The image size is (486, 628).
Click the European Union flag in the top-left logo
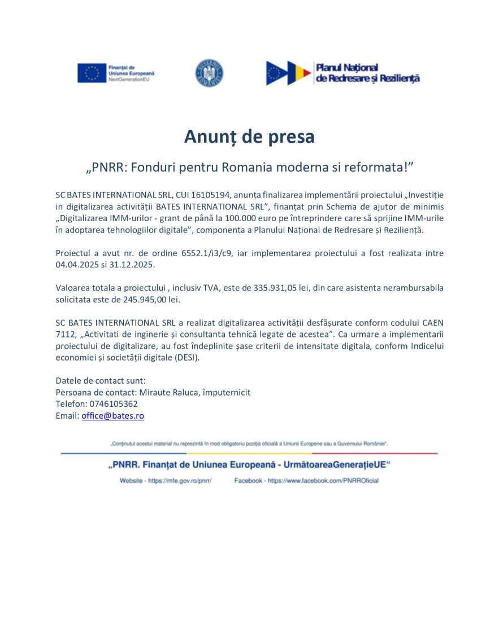coord(92,73)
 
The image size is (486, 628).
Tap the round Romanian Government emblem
coord(210,73)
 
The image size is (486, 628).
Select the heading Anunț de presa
coord(249,137)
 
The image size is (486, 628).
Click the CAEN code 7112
coord(65,335)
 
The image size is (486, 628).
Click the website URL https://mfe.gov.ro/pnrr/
coord(180,481)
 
